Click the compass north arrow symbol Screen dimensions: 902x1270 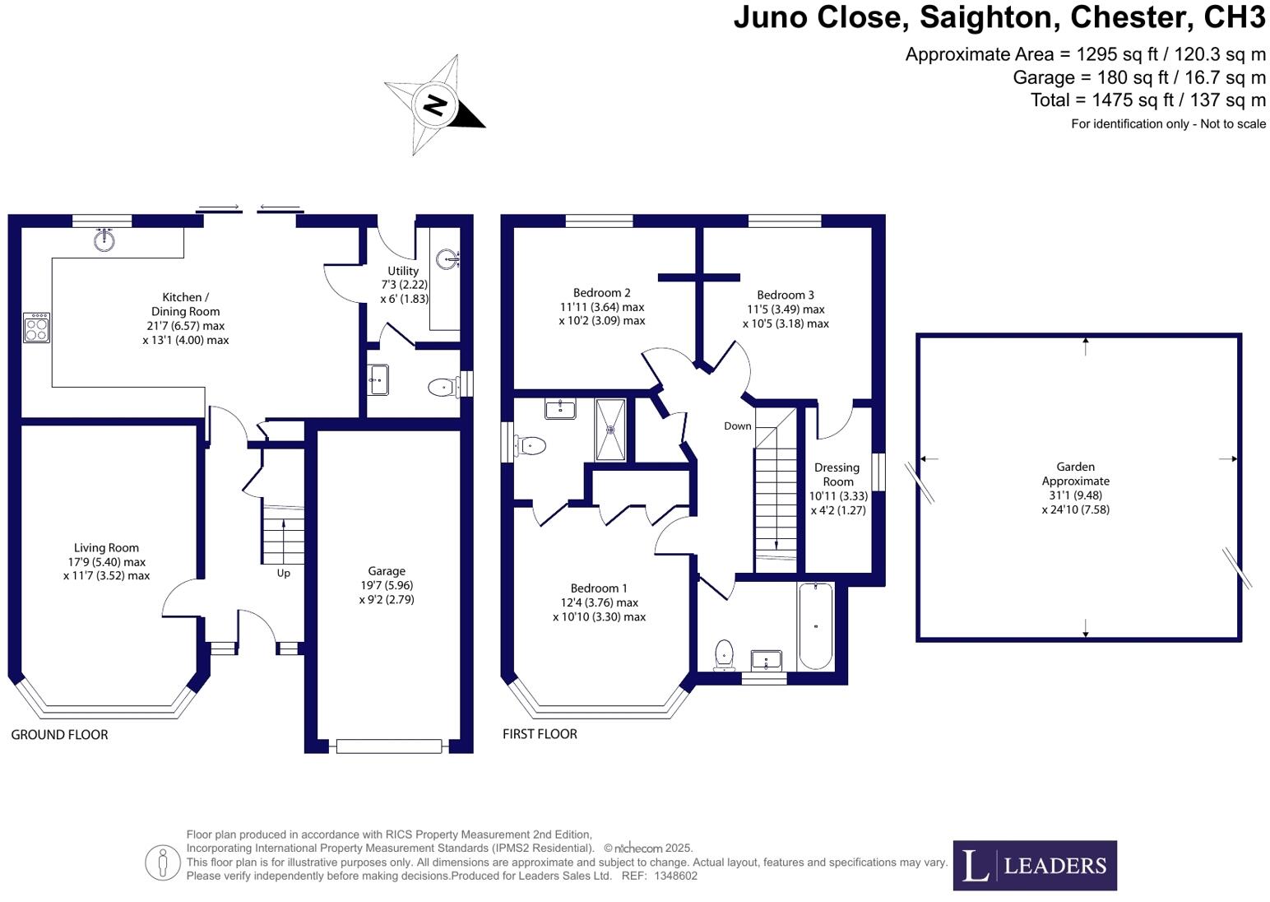(434, 105)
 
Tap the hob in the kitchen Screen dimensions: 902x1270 (37, 328)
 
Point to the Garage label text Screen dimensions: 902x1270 (387, 571)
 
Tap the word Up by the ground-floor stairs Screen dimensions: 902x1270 (283, 574)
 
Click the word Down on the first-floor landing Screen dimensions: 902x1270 (738, 426)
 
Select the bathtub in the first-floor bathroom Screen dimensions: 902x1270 (815, 625)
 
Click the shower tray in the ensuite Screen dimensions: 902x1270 (610, 429)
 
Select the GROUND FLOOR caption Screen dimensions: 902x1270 (59, 735)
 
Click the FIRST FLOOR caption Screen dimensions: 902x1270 (540, 734)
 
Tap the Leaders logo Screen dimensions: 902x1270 (1035, 866)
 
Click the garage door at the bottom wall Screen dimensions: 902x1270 (389, 746)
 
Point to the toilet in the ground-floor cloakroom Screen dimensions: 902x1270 (443, 386)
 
